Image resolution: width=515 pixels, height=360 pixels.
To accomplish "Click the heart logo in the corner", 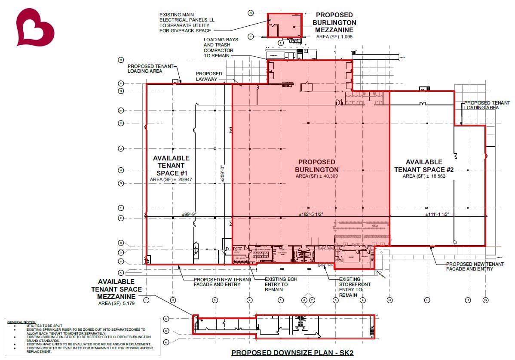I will (35, 27).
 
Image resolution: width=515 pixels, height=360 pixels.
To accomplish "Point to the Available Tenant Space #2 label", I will (424, 166).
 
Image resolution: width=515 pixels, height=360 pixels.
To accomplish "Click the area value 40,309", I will (328, 176).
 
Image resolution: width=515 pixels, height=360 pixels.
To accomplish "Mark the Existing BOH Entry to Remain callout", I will (281, 284).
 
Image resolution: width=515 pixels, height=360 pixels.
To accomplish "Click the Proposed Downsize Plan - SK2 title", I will (292, 353).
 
